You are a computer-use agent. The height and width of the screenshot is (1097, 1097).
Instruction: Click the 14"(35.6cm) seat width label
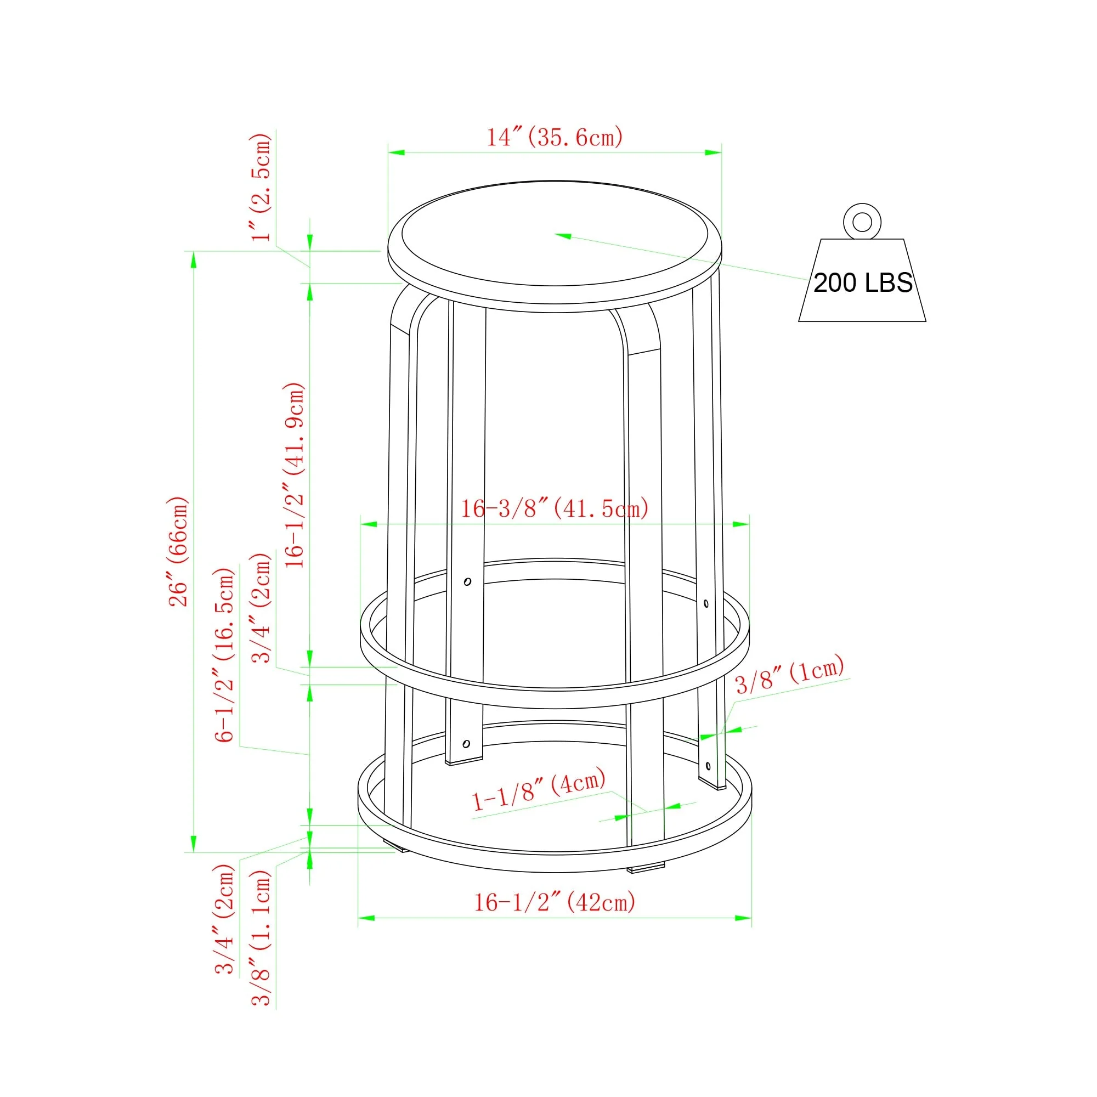pyautogui.click(x=555, y=138)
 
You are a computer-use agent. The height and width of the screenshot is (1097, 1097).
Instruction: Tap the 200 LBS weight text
pyautogui.click(x=862, y=283)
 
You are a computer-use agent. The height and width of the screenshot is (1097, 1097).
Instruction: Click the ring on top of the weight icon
pyautogui.click(x=862, y=222)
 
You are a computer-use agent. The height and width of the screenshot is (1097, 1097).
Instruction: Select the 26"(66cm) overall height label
pyautogui.click(x=178, y=551)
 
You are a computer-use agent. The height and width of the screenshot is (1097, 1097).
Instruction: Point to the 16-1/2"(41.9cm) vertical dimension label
pyautogui.click(x=295, y=474)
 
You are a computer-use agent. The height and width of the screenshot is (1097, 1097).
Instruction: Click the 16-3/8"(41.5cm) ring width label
pyautogui.click(x=554, y=509)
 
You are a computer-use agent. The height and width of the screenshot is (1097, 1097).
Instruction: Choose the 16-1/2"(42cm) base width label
pyautogui.click(x=554, y=902)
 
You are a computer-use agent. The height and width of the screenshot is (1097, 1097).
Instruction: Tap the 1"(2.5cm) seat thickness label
pyautogui.click(x=261, y=188)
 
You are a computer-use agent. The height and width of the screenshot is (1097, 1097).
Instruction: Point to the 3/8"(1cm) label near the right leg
pyautogui.click(x=790, y=675)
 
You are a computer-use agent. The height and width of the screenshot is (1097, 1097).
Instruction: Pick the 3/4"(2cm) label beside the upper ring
pyautogui.click(x=261, y=608)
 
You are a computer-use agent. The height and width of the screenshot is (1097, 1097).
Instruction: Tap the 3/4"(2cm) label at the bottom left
pyautogui.click(x=224, y=919)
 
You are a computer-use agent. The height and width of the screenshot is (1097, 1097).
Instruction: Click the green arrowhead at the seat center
pyautogui.click(x=562, y=235)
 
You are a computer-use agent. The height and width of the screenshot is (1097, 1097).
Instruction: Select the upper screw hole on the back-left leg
pyautogui.click(x=467, y=581)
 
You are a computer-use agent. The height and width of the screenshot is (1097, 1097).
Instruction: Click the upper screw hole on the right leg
pyautogui.click(x=706, y=603)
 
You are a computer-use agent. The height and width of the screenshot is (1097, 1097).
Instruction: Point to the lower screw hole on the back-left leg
pyautogui.click(x=466, y=744)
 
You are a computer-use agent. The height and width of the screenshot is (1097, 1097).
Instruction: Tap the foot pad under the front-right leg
pyautogui.click(x=646, y=868)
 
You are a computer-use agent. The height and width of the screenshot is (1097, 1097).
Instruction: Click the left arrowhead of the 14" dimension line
pyautogui.click(x=396, y=152)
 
